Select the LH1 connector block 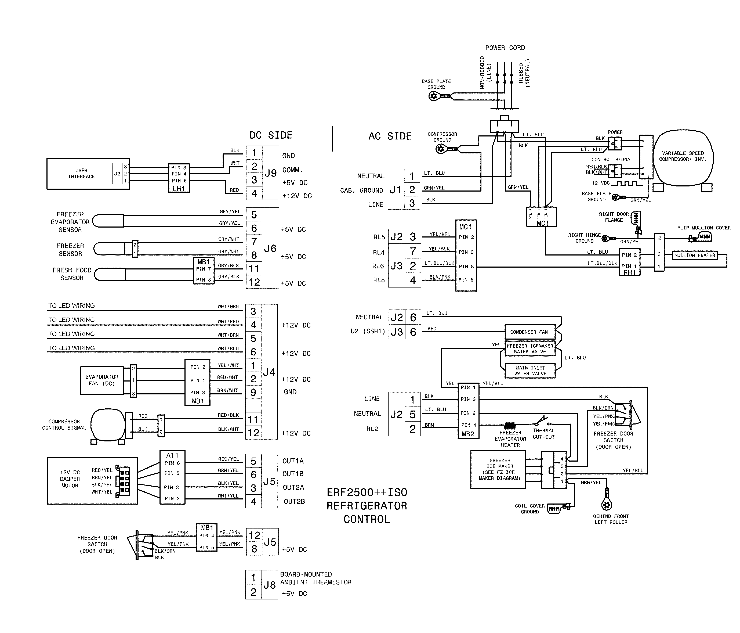(x=179, y=178)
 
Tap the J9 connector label (x=270, y=173)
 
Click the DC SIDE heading (x=271, y=135)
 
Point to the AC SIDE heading (x=390, y=136)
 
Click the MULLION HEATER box (x=694, y=255)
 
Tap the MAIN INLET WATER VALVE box (x=530, y=371)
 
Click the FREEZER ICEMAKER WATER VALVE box (x=530, y=349)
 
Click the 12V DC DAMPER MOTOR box (x=92, y=480)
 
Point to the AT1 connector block (x=172, y=477)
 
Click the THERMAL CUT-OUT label (x=543, y=434)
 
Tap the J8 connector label (x=270, y=585)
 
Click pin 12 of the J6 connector (x=254, y=282)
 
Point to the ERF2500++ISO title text (x=367, y=492)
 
